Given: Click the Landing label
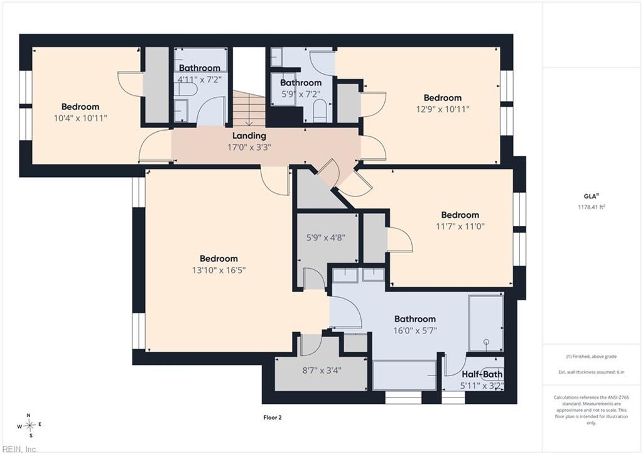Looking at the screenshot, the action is (249, 136).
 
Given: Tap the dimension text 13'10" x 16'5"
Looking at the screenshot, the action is (219, 270).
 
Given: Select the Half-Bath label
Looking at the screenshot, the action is (482, 374).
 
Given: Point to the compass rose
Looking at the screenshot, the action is (30, 426).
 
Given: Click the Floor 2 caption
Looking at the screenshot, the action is (273, 418).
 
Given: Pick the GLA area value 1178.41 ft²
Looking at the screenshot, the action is (592, 207).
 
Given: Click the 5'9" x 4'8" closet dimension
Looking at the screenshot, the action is (326, 237).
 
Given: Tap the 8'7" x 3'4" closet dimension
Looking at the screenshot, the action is (322, 370).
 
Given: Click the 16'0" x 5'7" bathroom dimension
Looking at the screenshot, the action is (415, 330).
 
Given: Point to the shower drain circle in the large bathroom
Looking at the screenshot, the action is (487, 341).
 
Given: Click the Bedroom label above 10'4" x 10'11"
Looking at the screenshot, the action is (80, 107).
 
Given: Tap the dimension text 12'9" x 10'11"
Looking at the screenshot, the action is (443, 109).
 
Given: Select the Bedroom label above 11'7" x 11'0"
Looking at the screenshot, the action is (460, 215).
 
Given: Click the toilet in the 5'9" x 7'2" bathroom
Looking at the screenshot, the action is (319, 112).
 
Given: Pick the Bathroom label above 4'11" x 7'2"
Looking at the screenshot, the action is (200, 68).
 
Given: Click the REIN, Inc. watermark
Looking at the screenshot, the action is (19, 449).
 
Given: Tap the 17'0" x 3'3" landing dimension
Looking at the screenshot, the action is (249, 147).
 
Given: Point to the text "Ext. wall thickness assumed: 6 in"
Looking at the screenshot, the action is (592, 372).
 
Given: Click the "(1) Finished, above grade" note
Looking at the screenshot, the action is (592, 357).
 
